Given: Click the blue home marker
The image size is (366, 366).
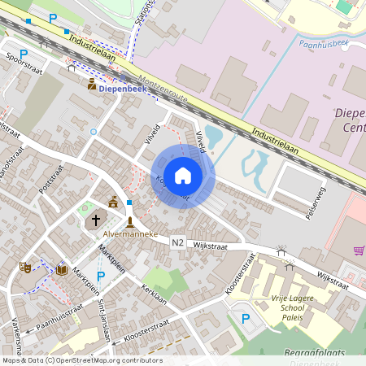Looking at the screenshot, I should coord(183,175).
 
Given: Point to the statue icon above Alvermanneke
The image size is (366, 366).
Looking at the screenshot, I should coord(129,221).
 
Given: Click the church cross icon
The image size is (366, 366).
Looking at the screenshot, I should coord(96,219).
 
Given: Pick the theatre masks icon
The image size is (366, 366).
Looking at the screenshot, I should coord(25,266).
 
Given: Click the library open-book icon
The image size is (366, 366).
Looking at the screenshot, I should coord(62,269).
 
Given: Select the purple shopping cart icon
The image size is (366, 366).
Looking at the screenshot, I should coord(359,251).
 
